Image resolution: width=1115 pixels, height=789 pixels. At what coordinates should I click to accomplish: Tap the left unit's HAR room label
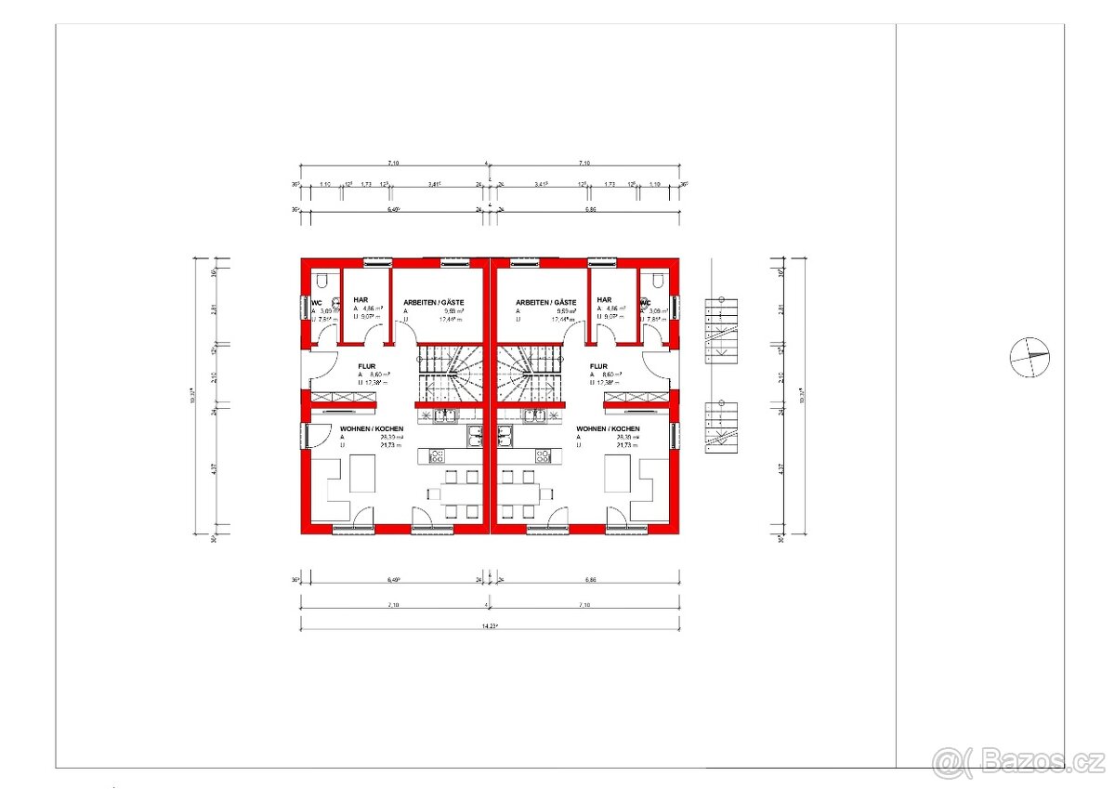(x=361, y=299)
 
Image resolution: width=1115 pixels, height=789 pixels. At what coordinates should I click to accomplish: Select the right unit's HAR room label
(x=604, y=299)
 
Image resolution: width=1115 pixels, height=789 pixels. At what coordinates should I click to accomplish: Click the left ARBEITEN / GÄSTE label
(x=433, y=302)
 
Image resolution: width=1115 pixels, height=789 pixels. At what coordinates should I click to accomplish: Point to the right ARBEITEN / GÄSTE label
(x=546, y=302)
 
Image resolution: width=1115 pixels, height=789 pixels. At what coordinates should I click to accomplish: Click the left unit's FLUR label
(x=366, y=366)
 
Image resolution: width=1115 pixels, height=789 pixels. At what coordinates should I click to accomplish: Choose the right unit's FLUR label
(x=598, y=366)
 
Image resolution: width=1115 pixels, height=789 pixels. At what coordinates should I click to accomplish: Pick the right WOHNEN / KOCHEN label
(x=608, y=428)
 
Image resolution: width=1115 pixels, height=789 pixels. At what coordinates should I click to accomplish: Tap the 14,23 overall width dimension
(x=489, y=625)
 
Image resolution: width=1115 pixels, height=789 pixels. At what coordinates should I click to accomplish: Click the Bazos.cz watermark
(x=1018, y=761)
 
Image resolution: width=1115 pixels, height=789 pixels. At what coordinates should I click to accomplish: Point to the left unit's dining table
(x=453, y=493)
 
